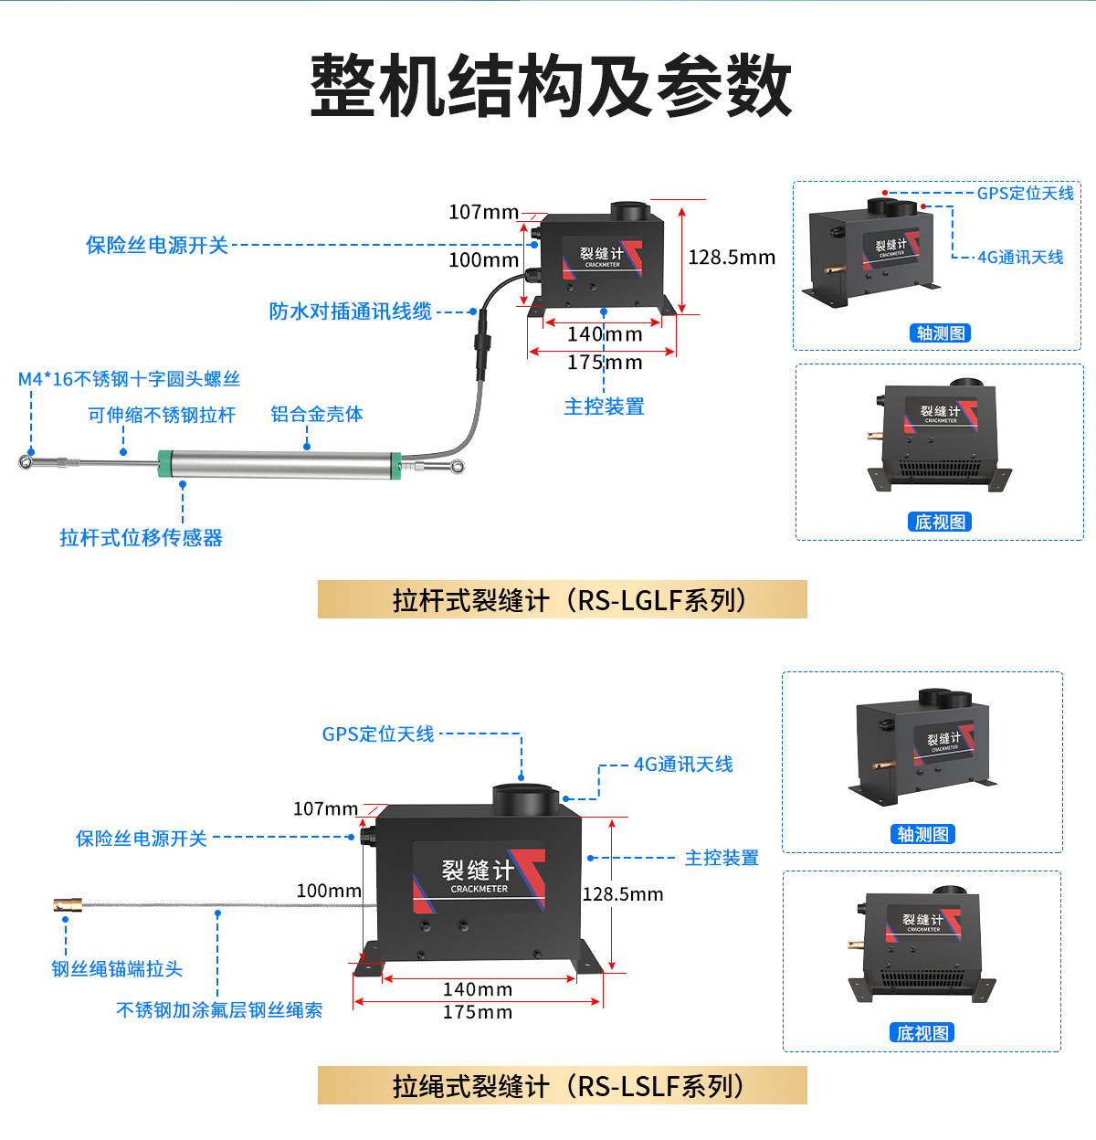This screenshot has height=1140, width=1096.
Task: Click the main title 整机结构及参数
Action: [551, 86]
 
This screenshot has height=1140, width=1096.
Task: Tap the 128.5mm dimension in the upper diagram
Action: [731, 258]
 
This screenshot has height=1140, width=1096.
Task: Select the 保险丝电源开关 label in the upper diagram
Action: [156, 245]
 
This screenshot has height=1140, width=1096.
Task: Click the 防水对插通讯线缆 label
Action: [350, 311]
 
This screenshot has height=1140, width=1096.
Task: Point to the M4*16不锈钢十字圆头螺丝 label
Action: [129, 379]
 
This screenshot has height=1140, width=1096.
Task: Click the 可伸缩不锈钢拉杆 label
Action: [161, 415]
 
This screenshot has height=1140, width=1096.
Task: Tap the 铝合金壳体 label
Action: [316, 414]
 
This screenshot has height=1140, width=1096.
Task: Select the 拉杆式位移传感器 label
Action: [141, 537]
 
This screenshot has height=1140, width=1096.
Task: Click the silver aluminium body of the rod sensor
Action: [274, 464]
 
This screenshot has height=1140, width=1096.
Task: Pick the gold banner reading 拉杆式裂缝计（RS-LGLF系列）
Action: [562, 600]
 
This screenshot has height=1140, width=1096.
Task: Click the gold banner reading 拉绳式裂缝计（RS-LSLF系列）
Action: [562, 1085]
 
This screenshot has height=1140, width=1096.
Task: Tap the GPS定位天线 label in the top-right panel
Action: [1025, 193]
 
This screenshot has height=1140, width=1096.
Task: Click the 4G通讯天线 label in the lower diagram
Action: [683, 764]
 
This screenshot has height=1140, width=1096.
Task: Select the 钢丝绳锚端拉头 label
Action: [117, 968]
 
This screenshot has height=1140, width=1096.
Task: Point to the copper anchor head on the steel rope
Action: [68, 905]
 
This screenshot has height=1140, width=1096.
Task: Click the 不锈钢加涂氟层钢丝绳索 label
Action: [219, 1009]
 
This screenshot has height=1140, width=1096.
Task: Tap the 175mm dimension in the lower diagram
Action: [477, 1012]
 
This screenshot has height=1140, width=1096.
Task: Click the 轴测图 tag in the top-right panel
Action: [940, 333]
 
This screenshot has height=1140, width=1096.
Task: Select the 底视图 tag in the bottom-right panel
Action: [922, 1033]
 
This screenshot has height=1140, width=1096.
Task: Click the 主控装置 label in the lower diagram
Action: [722, 858]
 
